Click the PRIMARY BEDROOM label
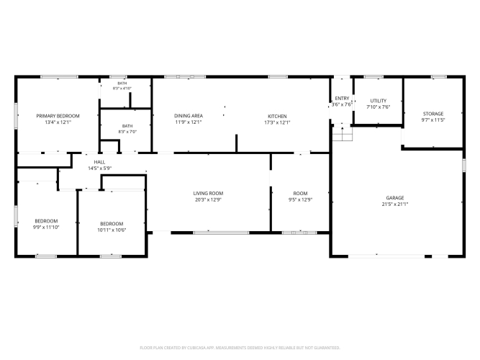coord(58,116)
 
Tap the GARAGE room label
coord(395,198)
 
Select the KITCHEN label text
coord(277,116)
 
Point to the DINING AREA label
coord(189,115)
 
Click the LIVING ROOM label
coord(208,193)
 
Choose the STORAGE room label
coord(433,114)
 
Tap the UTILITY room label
coord(379,101)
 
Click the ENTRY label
coord(342,99)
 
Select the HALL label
coord(99,162)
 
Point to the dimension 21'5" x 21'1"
coord(395,204)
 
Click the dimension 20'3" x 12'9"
coord(208,199)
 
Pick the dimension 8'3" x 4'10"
coord(122,89)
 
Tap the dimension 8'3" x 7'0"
coord(127,132)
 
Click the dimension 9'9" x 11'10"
coord(46,228)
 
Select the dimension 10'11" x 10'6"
coord(112,230)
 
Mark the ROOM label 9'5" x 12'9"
coord(300,194)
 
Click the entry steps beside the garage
coord(343,134)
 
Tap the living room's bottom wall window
coord(221,233)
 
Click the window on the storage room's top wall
coord(439,76)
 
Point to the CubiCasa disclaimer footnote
coord(240,348)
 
